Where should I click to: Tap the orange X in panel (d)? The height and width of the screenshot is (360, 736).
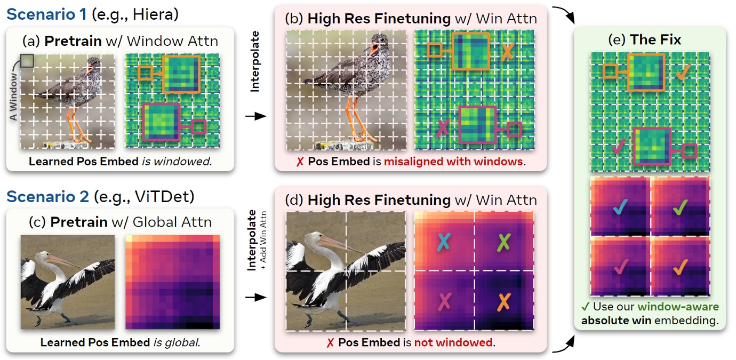click(x=503, y=302)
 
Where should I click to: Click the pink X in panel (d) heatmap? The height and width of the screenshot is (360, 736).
click(x=444, y=302)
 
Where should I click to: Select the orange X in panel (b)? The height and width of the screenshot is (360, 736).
click(x=508, y=51)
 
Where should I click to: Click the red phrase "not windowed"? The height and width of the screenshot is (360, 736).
click(x=453, y=342)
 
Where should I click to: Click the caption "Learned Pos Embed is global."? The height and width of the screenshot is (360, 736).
click(x=120, y=342)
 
